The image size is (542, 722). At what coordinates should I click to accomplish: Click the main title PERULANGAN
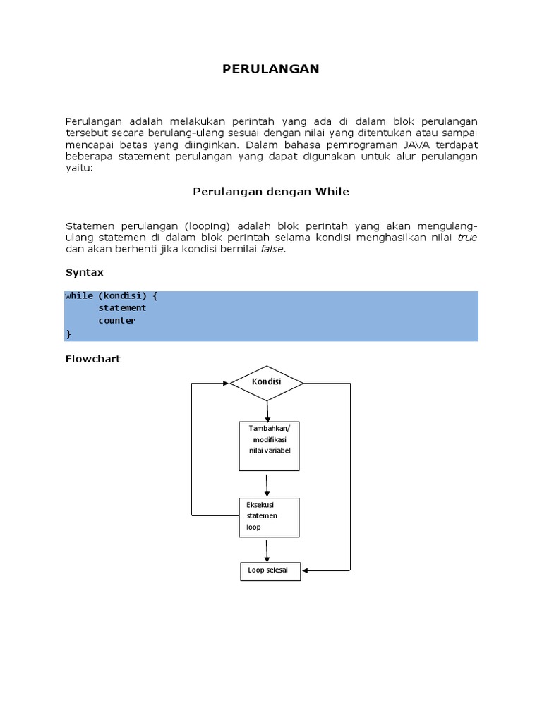pos(271,68)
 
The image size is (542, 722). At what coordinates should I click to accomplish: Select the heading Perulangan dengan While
pos(271,191)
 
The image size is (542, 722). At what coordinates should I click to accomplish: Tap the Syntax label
pos(85,271)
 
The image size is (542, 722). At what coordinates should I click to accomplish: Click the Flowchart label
pos(92,359)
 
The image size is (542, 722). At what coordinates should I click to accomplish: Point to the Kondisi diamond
pos(267,382)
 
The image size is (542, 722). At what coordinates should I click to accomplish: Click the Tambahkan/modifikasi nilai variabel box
pos(269,446)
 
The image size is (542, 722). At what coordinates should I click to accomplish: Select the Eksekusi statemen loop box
pos(269,517)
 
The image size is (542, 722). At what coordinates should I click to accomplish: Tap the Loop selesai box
pos(270,570)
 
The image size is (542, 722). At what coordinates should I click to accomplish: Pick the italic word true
pos(467,238)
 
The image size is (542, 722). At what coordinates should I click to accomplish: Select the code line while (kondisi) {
pos(111,296)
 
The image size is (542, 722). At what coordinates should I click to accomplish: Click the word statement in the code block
pos(122,308)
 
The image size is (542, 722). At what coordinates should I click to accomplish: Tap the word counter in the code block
pos(116,321)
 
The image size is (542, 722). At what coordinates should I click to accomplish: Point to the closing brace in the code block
pos(68,333)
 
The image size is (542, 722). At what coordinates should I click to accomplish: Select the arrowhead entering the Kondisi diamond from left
pos(226,384)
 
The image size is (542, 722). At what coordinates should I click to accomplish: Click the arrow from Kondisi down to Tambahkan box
pos(267,411)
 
